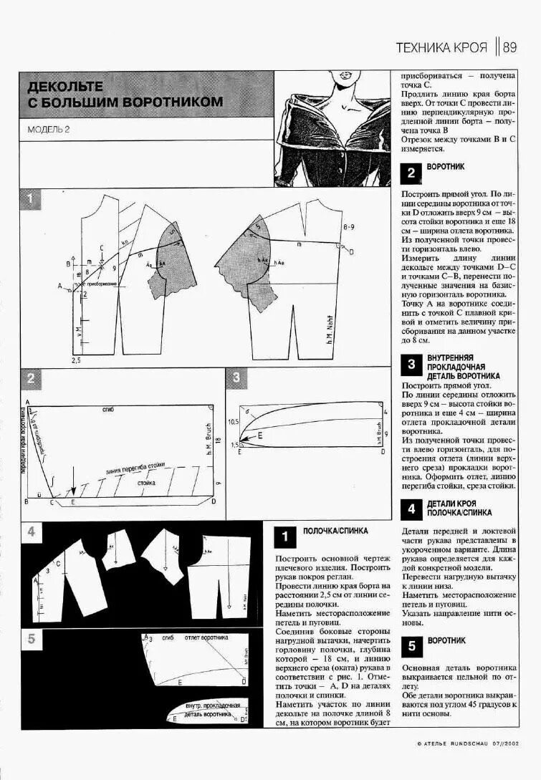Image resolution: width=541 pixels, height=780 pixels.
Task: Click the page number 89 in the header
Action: coord(509,48)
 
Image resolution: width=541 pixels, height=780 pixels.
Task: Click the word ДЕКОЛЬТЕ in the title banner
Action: coord(65,87)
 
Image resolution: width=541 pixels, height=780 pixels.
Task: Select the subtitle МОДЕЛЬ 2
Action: coord(49,130)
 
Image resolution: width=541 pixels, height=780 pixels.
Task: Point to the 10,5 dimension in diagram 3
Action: coord(232,422)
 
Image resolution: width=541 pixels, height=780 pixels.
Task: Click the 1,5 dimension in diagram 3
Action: coord(233,445)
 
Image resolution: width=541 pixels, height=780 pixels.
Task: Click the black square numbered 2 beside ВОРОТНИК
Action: coord(411,173)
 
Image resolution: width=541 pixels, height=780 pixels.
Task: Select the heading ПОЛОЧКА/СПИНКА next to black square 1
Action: coord(335,531)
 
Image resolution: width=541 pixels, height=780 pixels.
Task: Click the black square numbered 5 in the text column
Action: coord(411,646)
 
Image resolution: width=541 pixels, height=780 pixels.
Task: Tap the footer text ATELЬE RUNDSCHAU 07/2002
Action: coord(466,743)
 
